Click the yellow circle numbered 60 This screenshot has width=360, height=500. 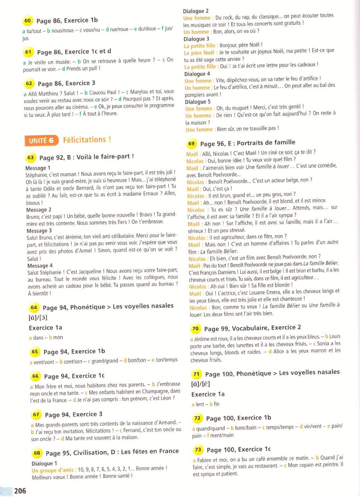click(x=27, y=21)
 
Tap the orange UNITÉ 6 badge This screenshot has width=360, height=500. click(x=41, y=141)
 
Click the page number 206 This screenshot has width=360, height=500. click(x=20, y=491)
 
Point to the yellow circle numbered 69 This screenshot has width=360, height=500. click(x=191, y=144)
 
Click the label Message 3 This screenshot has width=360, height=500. click(x=39, y=231)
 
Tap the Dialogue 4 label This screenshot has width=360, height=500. click(x=197, y=74)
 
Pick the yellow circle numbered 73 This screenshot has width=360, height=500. click(x=198, y=450)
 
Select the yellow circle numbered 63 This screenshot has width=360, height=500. click(x=31, y=157)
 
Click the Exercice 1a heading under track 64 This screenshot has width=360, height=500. click(x=45, y=328)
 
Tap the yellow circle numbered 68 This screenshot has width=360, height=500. click(x=37, y=453)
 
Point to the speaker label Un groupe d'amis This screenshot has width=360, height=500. click(x=53, y=470)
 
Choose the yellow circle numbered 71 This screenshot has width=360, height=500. click(x=196, y=374)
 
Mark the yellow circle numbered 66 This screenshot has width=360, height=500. click(x=35, y=376)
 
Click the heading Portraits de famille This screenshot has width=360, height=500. click(x=266, y=142)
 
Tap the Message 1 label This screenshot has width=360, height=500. click(x=38, y=168)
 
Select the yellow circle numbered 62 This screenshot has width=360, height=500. click(x=29, y=84)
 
